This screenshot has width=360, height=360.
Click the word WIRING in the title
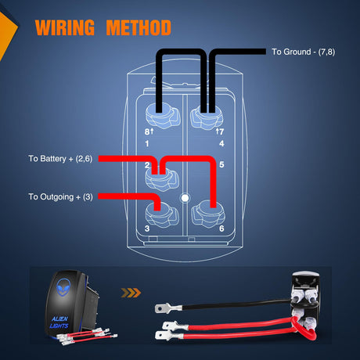[65, 27]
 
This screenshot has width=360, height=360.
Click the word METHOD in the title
[139, 27]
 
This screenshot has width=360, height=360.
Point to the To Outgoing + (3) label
[60, 196]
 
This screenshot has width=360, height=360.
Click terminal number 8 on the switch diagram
[147, 131]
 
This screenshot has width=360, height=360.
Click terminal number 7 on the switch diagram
[221, 131]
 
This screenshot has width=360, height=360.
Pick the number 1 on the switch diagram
[147, 143]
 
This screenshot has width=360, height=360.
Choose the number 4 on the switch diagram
[221, 143]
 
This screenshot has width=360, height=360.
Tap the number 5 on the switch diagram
[221, 164]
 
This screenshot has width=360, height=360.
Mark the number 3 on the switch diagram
[147, 229]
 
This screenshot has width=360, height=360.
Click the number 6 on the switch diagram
[221, 229]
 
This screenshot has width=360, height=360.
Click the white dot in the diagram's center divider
[185, 198]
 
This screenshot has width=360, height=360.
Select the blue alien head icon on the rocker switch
[63, 287]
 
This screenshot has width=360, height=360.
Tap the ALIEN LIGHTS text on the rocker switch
[59, 322]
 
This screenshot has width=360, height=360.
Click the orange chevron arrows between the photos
[131, 293]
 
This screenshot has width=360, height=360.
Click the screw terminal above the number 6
[208, 214]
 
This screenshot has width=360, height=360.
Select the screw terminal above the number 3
[162, 214]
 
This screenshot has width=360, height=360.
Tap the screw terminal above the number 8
[163, 117]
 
